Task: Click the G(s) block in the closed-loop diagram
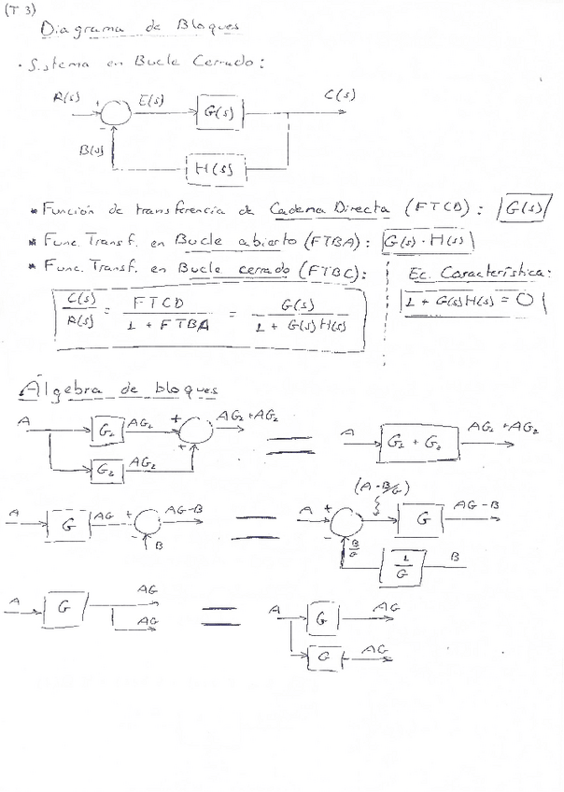click(220, 114)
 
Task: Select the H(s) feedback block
click(217, 168)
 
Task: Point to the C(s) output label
click(338, 94)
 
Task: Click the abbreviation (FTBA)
click(332, 240)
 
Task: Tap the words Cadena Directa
click(330, 209)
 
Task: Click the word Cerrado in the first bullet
click(228, 64)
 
